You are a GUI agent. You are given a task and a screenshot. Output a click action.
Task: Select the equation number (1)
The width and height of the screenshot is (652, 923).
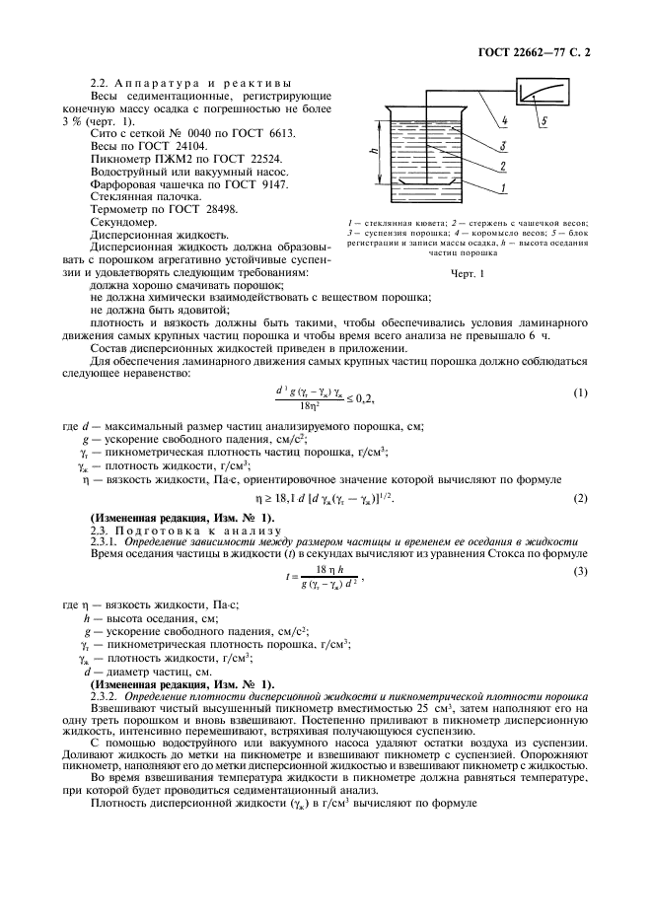[x=580, y=393]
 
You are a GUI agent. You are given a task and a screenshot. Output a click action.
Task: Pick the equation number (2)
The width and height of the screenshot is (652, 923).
[x=580, y=497]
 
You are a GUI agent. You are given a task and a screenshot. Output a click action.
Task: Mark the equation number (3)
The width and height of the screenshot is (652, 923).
[x=580, y=571]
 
